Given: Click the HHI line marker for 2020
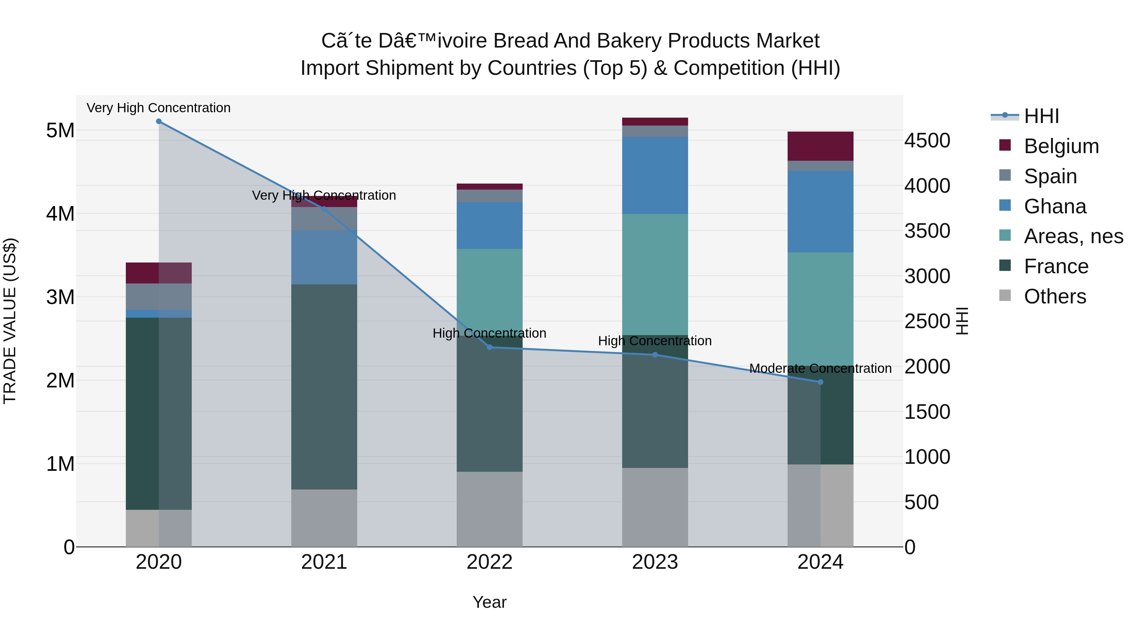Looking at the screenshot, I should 158,121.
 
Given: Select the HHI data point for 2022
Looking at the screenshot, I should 489,347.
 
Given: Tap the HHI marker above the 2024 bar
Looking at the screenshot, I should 820,382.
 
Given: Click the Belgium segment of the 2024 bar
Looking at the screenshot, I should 820,146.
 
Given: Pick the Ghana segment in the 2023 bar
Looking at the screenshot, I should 655,175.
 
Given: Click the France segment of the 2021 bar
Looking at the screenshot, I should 324,386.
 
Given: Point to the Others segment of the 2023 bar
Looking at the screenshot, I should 655,507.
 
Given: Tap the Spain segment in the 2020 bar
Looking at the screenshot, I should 158,296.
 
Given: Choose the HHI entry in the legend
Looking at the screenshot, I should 1041,116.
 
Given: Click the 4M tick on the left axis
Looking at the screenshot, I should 60,214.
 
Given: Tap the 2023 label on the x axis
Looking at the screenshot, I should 655,562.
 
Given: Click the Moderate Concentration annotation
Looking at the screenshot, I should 820,368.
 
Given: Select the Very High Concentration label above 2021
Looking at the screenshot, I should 324,195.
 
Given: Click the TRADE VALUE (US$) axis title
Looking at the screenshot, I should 10,321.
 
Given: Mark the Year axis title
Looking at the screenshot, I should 489,602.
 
